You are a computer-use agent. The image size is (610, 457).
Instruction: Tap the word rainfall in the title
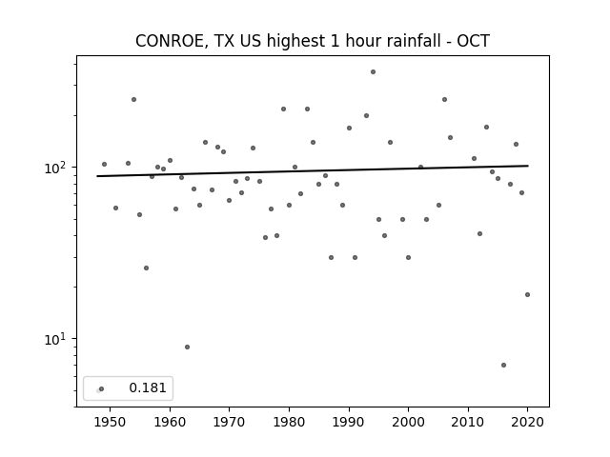pos(417,41)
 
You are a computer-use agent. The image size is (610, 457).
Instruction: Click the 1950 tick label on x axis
pos(111,422)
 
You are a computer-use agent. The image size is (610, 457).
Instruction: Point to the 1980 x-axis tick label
pos(289,422)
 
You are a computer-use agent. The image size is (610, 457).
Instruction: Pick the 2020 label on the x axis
pos(527,422)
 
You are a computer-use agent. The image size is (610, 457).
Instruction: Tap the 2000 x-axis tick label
pos(408,422)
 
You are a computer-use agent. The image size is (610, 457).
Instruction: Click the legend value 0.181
pos(148,387)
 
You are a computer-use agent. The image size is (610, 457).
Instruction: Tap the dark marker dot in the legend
pos(102,388)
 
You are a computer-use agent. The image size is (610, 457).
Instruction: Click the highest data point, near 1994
pos(373,72)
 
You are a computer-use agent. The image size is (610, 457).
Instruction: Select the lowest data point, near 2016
pos(504,366)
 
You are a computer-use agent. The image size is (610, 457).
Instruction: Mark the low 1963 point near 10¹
pos(187,347)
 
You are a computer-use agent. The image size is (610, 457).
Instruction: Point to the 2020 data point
pos(527,294)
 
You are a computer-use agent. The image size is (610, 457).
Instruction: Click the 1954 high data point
pos(133,99)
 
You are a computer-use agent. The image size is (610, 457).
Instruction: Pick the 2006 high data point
pos(445,99)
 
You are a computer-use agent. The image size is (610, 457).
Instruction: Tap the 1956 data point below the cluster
pos(146,268)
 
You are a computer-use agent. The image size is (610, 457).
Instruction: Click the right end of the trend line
pos(528,166)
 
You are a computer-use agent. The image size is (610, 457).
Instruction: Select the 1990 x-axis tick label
pos(349,422)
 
